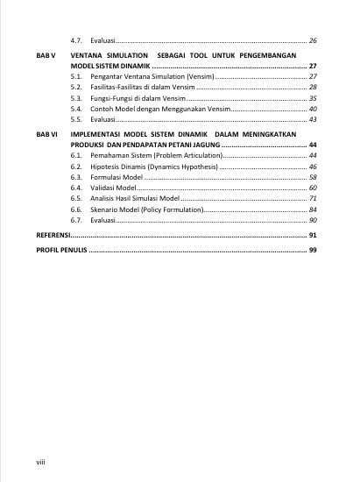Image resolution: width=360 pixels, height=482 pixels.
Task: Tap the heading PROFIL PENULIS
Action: click(61, 251)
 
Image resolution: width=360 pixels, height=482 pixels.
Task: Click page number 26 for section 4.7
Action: click(313, 40)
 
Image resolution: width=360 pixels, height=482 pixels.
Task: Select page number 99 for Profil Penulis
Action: click(313, 251)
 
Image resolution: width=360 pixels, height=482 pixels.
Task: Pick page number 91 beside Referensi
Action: click(313, 237)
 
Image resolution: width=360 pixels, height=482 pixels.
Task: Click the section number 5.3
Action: click(76, 98)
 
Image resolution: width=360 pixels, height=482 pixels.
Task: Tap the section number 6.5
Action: click(76, 199)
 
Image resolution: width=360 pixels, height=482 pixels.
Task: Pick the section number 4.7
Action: click(76, 40)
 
